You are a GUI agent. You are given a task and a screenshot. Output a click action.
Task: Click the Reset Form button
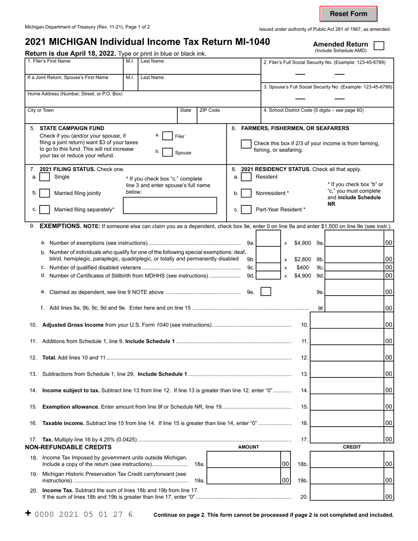(x=348, y=14)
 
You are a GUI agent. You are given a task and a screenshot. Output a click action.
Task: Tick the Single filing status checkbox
(x=44, y=177)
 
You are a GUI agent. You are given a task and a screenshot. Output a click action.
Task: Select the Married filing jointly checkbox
(x=44, y=193)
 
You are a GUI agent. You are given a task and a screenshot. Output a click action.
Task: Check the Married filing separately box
(x=44, y=209)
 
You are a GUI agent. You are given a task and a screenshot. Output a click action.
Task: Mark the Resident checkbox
(x=246, y=177)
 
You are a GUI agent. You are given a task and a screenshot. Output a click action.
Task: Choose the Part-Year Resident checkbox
(x=246, y=209)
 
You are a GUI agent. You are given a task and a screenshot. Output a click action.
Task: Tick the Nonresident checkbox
(x=246, y=193)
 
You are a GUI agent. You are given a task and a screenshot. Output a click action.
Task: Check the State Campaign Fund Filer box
(x=167, y=136)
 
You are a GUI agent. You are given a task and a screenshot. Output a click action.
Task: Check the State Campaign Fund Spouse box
(x=167, y=152)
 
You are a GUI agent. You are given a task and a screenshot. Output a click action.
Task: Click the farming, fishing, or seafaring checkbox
(x=246, y=144)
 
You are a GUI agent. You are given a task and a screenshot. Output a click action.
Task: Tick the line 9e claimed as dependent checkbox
(x=266, y=292)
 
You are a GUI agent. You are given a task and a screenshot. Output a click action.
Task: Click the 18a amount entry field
(x=243, y=464)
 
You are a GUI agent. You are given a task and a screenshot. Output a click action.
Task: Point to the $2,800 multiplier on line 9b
(x=303, y=260)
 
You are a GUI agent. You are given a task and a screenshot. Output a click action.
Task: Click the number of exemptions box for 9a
(x=268, y=243)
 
